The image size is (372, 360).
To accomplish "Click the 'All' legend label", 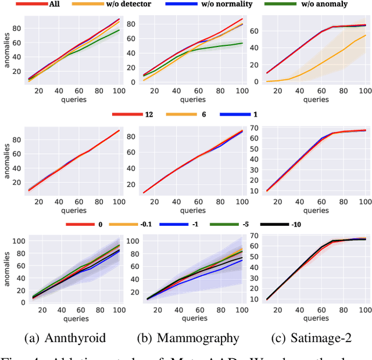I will coord(54,5).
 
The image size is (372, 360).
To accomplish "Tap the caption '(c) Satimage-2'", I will coord(311,337).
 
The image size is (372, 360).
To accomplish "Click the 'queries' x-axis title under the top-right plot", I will coord(316,99).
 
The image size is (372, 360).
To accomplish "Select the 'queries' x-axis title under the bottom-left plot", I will coord(73,318).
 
